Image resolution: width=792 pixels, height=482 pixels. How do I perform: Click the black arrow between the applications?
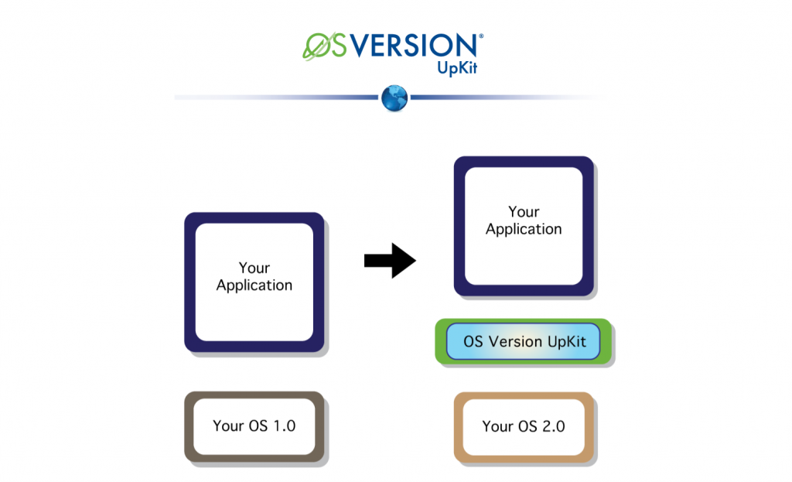click(x=391, y=261)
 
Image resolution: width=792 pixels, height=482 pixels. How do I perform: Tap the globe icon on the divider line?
click(x=394, y=98)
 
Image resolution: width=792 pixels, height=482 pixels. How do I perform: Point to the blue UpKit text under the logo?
click(x=458, y=68)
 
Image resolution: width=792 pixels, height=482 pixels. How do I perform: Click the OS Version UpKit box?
click(x=524, y=341)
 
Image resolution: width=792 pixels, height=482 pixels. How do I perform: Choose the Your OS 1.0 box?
click(x=254, y=426)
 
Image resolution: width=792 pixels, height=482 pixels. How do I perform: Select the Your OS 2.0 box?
click(x=524, y=426)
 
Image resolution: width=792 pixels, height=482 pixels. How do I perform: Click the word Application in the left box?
click(x=254, y=285)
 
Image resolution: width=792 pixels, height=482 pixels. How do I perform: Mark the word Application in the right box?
click(x=524, y=230)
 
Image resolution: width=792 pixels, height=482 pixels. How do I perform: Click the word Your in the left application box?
click(x=254, y=268)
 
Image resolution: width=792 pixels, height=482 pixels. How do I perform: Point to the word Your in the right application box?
click(x=524, y=212)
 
